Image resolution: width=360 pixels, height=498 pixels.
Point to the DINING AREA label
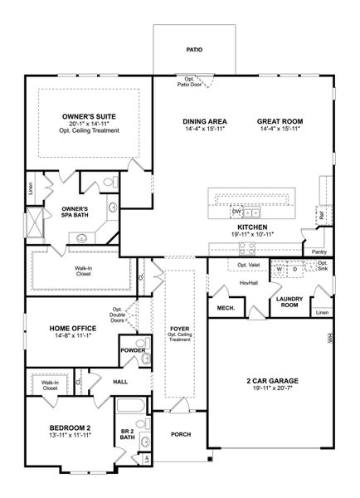[204, 121]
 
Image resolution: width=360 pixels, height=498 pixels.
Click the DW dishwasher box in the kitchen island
[236, 212]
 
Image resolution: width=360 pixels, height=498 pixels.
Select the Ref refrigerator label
[319, 215]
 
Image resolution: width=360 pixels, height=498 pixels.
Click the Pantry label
[319, 251]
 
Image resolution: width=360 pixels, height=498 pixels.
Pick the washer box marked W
[280, 270]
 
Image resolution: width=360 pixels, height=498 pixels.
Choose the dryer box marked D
[294, 270]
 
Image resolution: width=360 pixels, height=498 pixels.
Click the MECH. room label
[225, 308]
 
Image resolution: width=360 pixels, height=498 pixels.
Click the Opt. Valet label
[249, 266]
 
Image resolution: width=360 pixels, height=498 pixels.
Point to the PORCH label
[181, 434]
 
